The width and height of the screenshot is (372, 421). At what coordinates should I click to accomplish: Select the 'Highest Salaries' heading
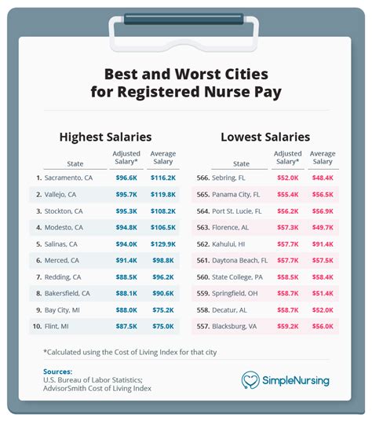click(x=106, y=137)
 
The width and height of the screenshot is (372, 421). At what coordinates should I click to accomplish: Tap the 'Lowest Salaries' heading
click(x=265, y=137)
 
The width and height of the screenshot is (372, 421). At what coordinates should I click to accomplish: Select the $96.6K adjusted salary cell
click(x=126, y=178)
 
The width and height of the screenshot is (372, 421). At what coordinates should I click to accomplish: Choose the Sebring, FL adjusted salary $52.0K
click(x=287, y=178)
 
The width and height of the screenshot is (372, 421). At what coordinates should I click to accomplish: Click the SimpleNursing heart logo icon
click(x=250, y=380)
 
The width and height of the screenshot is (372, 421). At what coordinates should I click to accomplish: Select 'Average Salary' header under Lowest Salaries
click(x=323, y=159)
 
